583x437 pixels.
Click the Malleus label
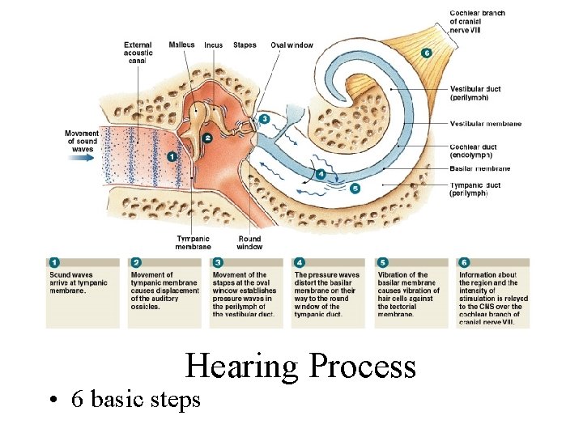pyautogui.click(x=181, y=45)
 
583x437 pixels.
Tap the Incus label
pyautogui.click(x=214, y=45)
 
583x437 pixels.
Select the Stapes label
pyautogui.click(x=245, y=45)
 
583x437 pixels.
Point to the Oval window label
pyautogui.click(x=291, y=45)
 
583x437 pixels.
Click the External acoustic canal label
pyautogui.click(x=138, y=53)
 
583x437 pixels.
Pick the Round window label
pyautogui.click(x=249, y=242)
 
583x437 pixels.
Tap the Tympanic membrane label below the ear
pyautogui.click(x=194, y=242)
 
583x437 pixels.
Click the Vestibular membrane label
pyautogui.click(x=486, y=124)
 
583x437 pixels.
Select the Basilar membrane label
pyautogui.click(x=480, y=169)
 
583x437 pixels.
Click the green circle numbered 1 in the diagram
pyautogui.click(x=172, y=155)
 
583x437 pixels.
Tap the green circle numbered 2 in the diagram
pyautogui.click(x=208, y=138)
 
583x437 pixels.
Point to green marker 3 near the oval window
pyautogui.click(x=265, y=119)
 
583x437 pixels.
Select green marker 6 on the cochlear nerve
pyautogui.click(x=427, y=53)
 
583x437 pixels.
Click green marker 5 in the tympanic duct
pyautogui.click(x=355, y=189)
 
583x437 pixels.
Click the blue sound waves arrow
pyautogui.click(x=82, y=159)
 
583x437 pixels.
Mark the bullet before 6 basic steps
pyautogui.click(x=51, y=401)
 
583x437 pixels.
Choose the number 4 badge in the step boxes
pyautogui.click(x=300, y=262)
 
